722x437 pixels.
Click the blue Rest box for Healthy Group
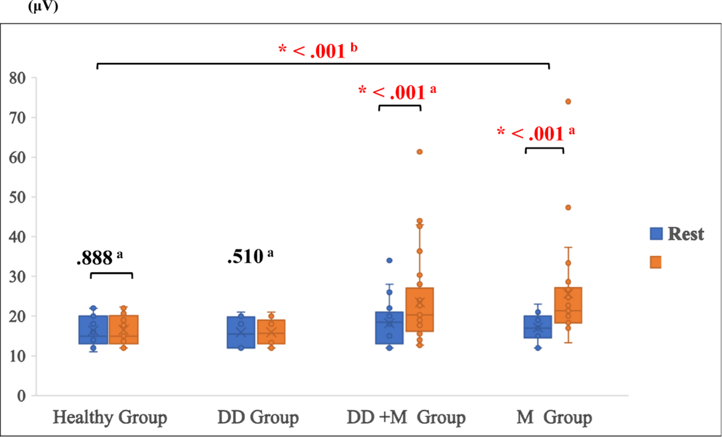(93, 330)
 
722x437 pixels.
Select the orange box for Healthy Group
(123, 330)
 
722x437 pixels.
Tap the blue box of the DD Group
(241, 332)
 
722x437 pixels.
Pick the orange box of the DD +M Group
(419, 310)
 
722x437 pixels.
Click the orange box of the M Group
(568, 305)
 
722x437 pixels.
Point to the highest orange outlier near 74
(568, 101)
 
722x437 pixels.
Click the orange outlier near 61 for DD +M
(419, 152)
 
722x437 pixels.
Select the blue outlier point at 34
(389, 260)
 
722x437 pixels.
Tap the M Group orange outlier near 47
(568, 208)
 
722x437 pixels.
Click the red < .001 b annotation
(318, 51)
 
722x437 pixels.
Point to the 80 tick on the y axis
(17, 78)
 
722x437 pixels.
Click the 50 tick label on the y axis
(17, 197)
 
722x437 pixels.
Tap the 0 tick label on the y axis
(21, 396)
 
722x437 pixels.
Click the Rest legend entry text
(685, 234)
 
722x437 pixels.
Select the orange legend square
(655, 262)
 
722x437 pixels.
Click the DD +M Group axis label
(406, 417)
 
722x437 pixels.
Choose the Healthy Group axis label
(110, 417)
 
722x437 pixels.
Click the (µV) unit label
(43, 6)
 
